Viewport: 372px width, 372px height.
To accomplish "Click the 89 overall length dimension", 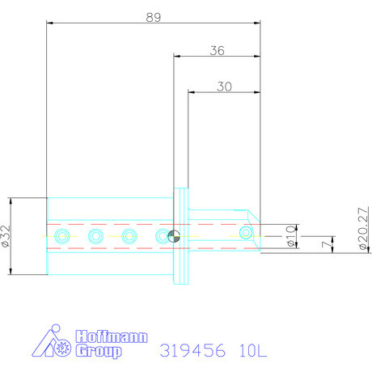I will [x=152, y=15].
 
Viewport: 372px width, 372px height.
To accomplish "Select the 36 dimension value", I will [x=216, y=50].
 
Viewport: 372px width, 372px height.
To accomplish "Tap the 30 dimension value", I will [x=224, y=85].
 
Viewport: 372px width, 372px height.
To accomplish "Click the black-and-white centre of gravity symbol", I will [x=173, y=235].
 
